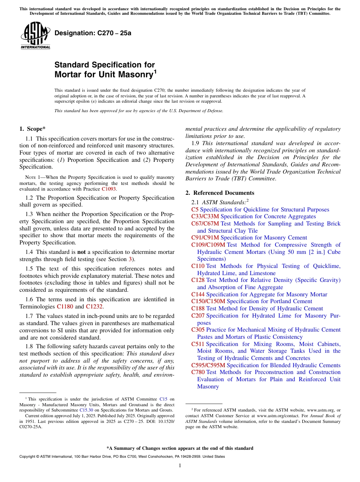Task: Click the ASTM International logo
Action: point(35,36)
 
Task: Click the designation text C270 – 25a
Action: point(93,33)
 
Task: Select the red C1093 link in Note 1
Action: point(109,189)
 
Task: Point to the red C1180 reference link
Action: point(65,307)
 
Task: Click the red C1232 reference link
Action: point(94,307)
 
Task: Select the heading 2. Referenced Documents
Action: point(220,193)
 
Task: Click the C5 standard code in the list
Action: point(195,210)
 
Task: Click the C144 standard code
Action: point(198,294)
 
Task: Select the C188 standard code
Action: point(198,308)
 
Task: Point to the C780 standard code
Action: point(198,372)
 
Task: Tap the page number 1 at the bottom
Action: point(180,465)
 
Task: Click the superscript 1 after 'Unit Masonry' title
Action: point(155,71)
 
